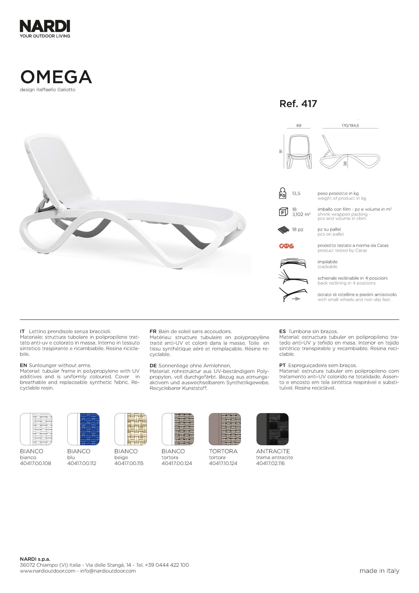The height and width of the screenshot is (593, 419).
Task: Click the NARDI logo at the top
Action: (45, 27)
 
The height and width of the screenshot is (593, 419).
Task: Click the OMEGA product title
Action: (56, 77)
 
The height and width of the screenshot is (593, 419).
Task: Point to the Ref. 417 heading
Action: (298, 104)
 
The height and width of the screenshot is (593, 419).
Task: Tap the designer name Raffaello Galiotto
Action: (56, 90)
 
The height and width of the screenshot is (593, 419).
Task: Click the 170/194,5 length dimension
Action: (350, 126)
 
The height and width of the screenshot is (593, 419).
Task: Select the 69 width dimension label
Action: (299, 126)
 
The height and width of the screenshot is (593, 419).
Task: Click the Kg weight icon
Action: (282, 194)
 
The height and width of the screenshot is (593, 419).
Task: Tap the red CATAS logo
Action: (286, 246)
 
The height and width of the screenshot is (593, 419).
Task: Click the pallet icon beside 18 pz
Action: (284, 230)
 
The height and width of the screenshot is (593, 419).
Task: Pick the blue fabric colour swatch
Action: (89, 429)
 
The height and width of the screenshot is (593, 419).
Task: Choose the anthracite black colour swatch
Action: (273, 429)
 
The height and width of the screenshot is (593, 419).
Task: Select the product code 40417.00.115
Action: (129, 463)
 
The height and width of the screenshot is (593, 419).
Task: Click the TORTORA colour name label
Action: (223, 451)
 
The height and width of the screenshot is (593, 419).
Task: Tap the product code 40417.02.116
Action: (270, 463)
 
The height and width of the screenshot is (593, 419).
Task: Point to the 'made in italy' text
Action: (379, 571)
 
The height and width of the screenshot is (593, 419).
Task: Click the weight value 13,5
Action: (296, 194)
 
